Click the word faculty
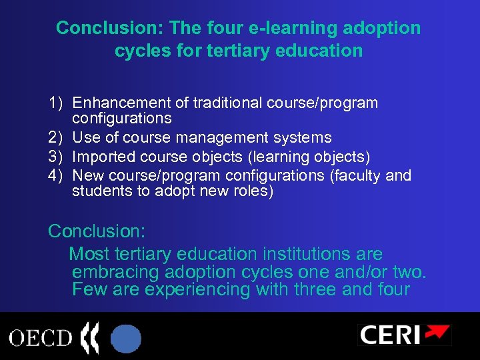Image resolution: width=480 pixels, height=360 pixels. pyautogui.click(x=361, y=175)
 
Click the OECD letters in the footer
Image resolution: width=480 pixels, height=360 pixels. pyautogui.click(x=39, y=337)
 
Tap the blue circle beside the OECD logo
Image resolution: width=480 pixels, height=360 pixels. pyautogui.click(x=126, y=338)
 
